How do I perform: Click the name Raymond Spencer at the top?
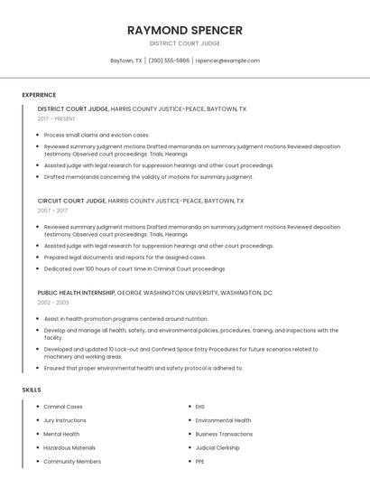[x=185, y=30]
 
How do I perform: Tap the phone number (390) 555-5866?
[x=169, y=61]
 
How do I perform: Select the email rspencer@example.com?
[x=227, y=61]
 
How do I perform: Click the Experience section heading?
[x=39, y=95]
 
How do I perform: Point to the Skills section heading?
[x=32, y=390]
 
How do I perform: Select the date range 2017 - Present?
[x=56, y=118]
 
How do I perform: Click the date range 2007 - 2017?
[x=53, y=211]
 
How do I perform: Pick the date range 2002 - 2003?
[x=53, y=303]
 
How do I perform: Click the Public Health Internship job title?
[x=76, y=293]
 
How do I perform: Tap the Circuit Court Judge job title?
[x=71, y=201]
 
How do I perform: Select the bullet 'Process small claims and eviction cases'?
[x=97, y=135]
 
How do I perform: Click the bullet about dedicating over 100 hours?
[x=134, y=268]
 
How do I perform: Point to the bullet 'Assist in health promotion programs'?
[x=125, y=318]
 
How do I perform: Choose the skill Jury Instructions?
[x=65, y=420]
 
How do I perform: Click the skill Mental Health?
[x=61, y=434]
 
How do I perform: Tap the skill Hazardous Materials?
[x=69, y=447]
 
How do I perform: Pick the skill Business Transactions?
[x=224, y=434]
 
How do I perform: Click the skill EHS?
[x=200, y=407]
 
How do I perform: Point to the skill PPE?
[x=200, y=461]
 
